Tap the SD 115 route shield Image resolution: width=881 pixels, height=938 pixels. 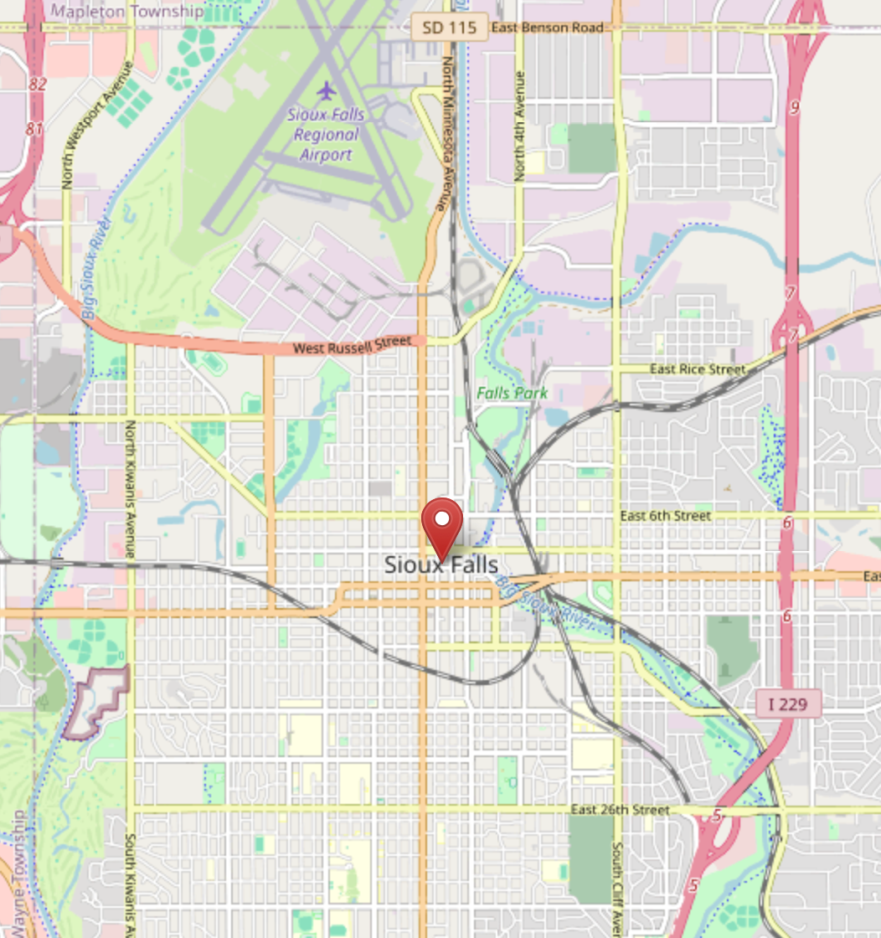pos(449,28)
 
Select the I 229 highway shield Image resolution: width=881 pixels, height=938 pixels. pos(787,703)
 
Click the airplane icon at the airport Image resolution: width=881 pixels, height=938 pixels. pos(326,90)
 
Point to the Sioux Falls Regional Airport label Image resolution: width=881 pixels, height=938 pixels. pos(322,134)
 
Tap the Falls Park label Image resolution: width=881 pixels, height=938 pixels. pos(513,393)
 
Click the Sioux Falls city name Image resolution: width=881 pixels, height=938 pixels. pos(441,564)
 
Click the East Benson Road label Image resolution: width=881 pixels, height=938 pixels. pos(547,28)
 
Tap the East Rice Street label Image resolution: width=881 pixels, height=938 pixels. pos(698,369)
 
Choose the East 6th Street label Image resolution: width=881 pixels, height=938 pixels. pos(666,516)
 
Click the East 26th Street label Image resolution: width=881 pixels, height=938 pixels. pos(621,810)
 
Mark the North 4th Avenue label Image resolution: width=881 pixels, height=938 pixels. pos(519,126)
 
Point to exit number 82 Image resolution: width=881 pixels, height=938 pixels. pos(35,85)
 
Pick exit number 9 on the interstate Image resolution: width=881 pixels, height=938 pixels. pos(794,107)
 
